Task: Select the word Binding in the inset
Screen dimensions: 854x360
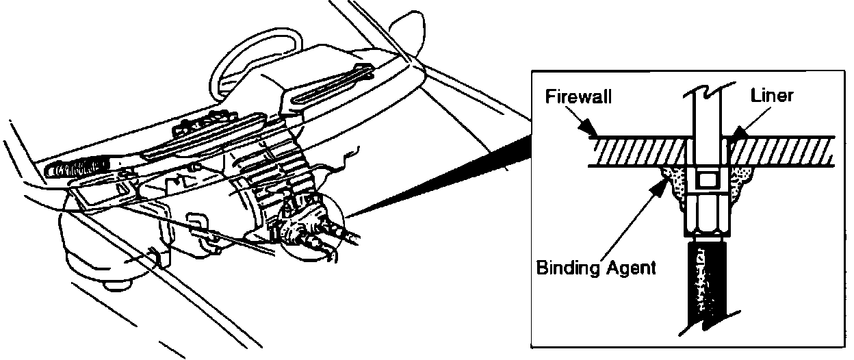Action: click(565, 267)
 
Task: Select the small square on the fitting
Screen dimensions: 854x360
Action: click(706, 182)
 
